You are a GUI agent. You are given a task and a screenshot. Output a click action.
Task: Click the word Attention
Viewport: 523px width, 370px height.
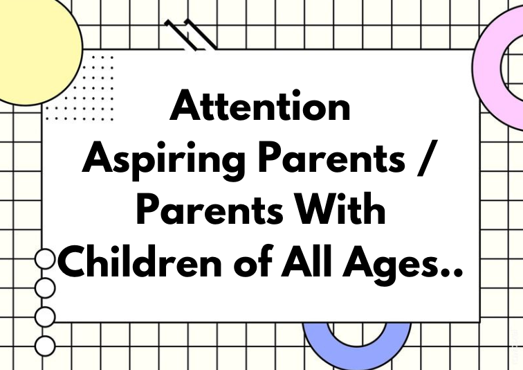coord(260,105)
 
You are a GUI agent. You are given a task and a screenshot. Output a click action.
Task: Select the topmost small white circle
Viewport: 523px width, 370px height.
coord(45,259)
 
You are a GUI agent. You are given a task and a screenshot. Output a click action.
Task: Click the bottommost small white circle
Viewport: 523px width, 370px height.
coord(45,346)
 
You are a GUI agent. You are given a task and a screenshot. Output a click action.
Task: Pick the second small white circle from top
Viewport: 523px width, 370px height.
coord(45,288)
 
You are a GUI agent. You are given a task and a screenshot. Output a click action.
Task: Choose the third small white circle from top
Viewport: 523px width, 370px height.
coord(45,317)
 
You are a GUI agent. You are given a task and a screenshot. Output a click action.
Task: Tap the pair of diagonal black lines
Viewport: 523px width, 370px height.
coord(190,35)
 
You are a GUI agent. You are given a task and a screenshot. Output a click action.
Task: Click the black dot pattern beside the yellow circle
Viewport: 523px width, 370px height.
coord(80,89)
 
